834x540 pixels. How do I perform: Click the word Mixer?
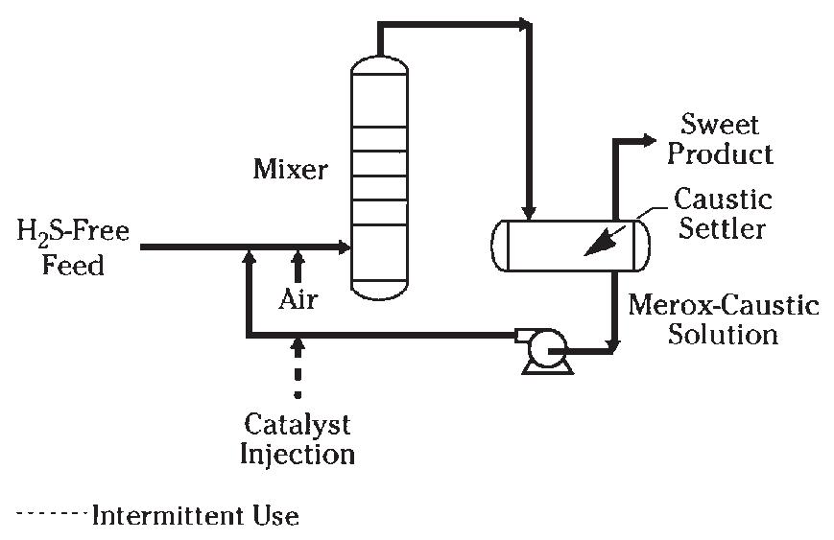[290, 170]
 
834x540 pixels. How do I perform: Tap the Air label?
[298, 299]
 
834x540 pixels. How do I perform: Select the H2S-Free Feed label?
[73, 247]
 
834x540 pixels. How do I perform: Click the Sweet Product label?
[720, 139]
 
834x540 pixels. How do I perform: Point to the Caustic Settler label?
[723, 214]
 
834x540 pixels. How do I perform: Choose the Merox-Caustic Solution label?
[724, 319]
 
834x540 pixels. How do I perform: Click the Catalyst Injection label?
[298, 439]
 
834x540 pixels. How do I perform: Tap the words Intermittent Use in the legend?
[196, 516]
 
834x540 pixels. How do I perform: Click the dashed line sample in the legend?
[52, 513]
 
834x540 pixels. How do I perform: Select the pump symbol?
[544, 351]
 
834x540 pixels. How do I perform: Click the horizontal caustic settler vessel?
[570, 246]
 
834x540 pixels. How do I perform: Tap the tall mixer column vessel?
[379, 177]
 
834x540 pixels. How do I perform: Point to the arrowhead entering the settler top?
[528, 213]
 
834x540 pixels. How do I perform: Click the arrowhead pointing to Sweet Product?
[650, 140]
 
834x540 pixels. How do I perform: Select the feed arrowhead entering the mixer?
[345, 247]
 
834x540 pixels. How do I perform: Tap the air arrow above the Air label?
[298, 267]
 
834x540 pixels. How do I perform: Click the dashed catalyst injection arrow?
[298, 367]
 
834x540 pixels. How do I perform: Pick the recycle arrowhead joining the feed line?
[249, 257]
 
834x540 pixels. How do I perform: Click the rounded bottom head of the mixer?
[379, 291]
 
